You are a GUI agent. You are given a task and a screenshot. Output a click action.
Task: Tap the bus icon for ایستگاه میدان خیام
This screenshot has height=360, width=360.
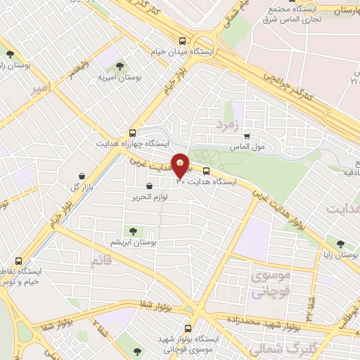click(x=183, y=41)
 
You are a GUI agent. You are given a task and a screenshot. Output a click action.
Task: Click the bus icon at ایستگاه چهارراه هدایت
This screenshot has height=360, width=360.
click(x=133, y=132)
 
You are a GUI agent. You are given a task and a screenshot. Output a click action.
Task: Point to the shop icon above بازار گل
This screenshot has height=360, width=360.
click(x=83, y=176)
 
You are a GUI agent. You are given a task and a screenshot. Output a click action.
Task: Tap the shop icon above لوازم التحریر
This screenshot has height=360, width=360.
click(x=149, y=186)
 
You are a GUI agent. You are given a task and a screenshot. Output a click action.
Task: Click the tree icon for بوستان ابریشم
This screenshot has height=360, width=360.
click(x=131, y=231)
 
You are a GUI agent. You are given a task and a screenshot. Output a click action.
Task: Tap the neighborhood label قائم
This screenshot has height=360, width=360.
click(x=101, y=262)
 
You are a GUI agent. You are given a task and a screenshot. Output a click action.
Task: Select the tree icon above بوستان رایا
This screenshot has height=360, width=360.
click(x=341, y=243)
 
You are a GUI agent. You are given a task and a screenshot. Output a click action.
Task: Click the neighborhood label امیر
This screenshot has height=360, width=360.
click(x=40, y=89)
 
